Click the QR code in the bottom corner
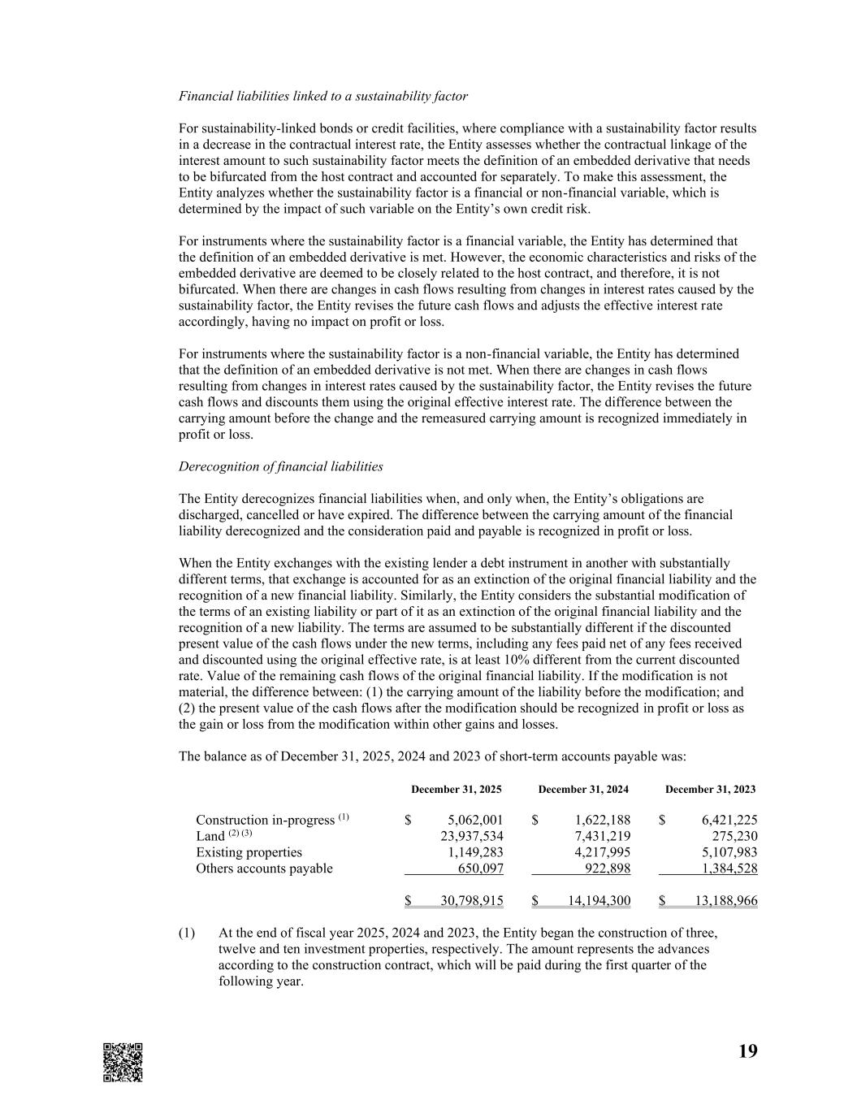pos(123,1062)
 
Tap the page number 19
pos(747,1051)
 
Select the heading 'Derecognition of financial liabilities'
pos(280,466)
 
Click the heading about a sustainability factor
pos(322,96)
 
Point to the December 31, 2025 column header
pos(456,789)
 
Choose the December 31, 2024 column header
pos(583,789)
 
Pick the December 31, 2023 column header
pos(710,789)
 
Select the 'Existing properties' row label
pos(249,852)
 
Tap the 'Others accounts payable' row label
pos(264,869)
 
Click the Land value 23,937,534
pos(471,836)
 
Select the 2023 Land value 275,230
pos(734,836)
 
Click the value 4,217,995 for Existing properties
pos(602,852)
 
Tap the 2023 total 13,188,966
pos(726,900)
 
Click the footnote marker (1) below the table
pos(187,933)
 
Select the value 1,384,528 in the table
pos(729,869)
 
